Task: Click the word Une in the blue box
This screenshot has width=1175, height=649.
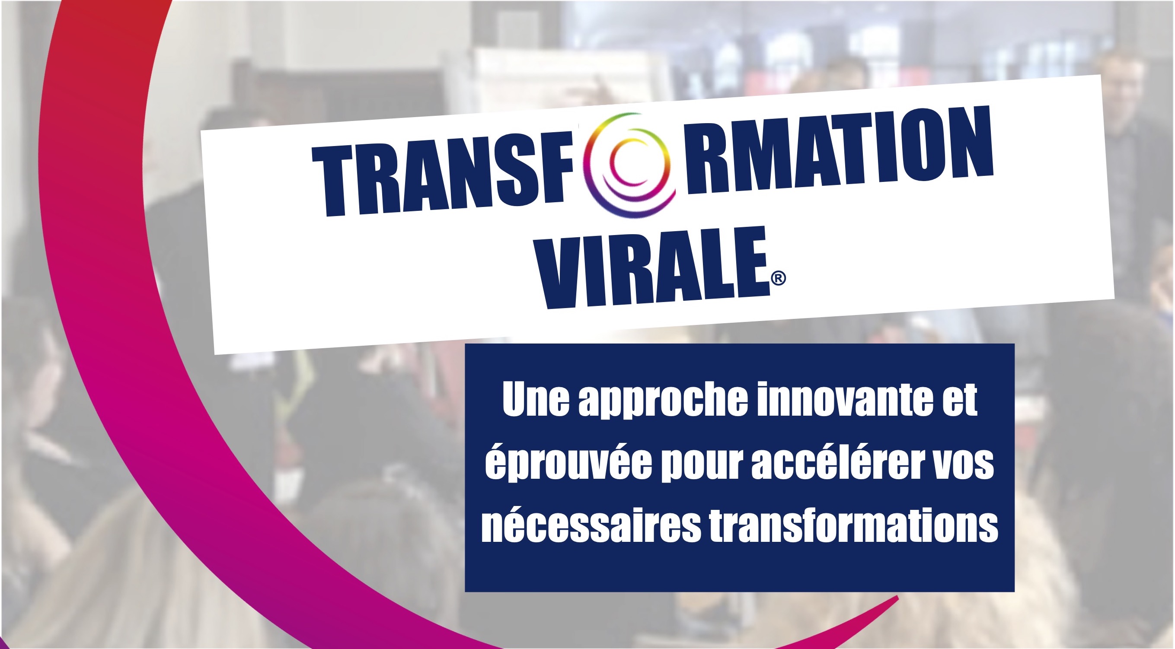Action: point(536,401)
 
